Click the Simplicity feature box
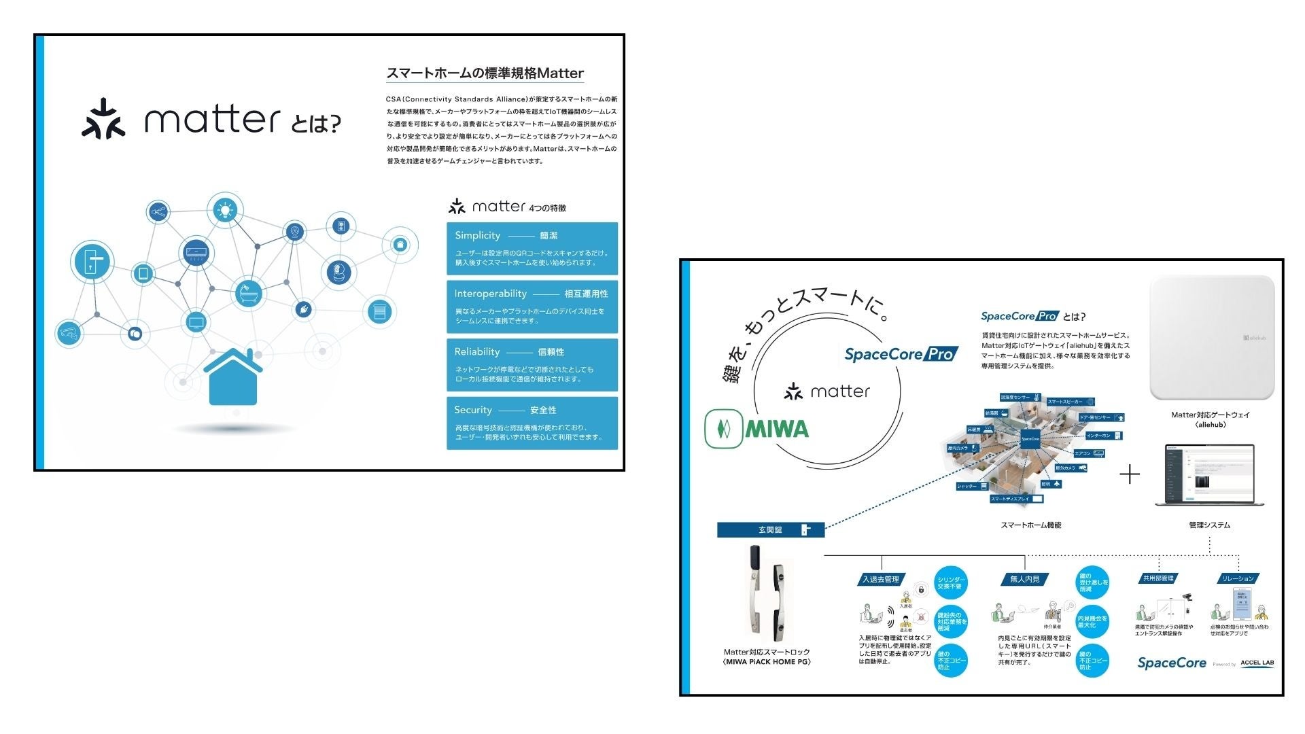click(x=532, y=248)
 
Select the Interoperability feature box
click(x=532, y=307)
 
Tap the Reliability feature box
click(x=532, y=364)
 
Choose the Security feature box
click(x=532, y=423)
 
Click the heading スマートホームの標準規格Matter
click(x=485, y=73)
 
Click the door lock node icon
click(x=92, y=262)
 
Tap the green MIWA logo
click(x=756, y=429)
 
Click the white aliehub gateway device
click(x=1211, y=338)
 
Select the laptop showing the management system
click(x=1209, y=475)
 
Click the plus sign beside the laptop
click(x=1129, y=474)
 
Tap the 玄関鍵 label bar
click(x=771, y=530)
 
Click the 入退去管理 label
click(x=881, y=580)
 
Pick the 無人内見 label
click(x=1024, y=580)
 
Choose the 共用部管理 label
click(x=1158, y=578)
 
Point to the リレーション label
click(x=1238, y=578)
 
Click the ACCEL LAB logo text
click(x=1257, y=663)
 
